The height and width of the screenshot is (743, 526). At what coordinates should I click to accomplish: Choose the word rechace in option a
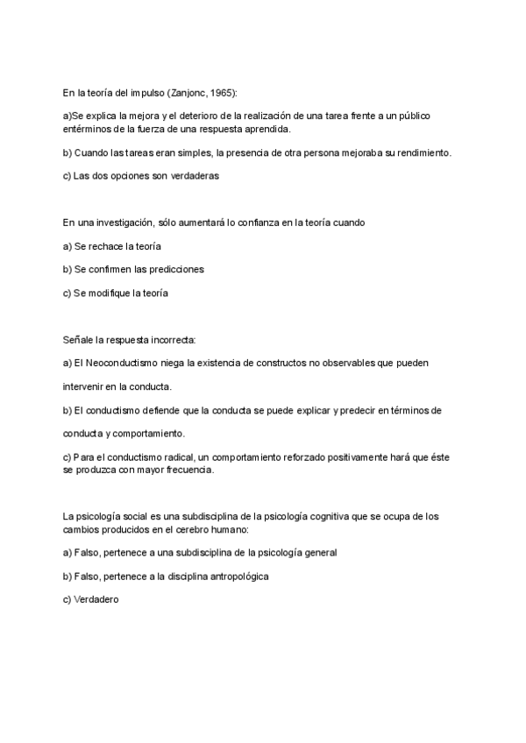[110, 246]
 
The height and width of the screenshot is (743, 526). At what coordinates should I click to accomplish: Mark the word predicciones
[173, 269]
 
